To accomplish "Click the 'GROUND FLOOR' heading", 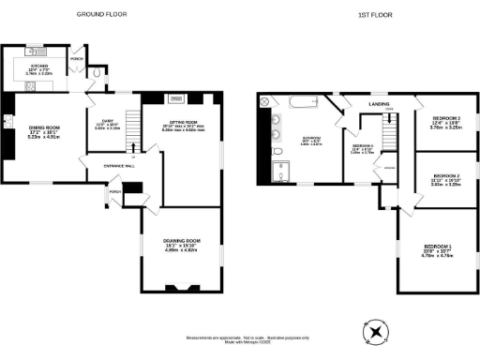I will click(101, 15).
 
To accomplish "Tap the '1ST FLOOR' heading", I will click(372, 15).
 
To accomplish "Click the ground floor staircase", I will click(131, 141).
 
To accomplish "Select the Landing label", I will click(380, 104).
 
